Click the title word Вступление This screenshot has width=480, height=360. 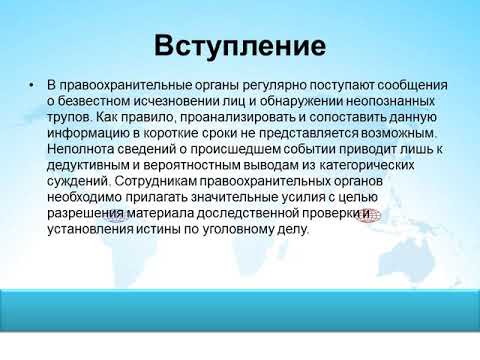click(x=240, y=46)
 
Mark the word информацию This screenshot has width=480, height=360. click(x=92, y=132)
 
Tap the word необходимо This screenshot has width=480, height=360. click(x=87, y=197)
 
